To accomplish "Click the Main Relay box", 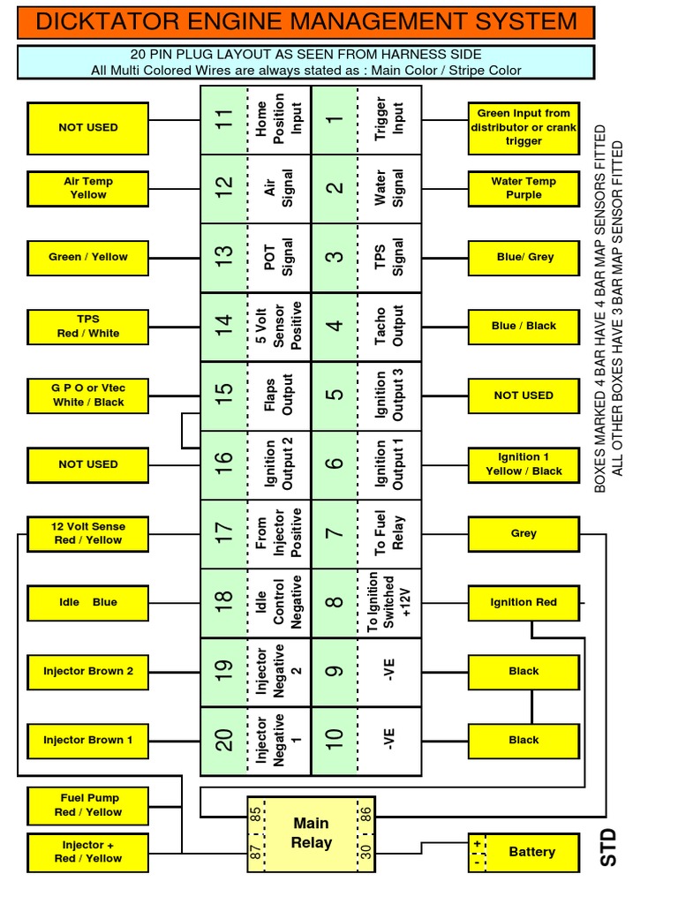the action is point(311,832).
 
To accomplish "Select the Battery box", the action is point(524,852).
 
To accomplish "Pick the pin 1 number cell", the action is point(335,119).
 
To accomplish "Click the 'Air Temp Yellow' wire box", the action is point(88,188).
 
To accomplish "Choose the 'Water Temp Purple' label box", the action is point(524,188).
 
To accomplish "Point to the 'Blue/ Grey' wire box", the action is point(524,257).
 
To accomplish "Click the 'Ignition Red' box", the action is point(524,602).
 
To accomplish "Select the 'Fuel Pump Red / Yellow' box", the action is point(88,805).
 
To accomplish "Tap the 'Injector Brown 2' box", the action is point(88,671).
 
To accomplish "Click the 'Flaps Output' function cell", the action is point(280,395).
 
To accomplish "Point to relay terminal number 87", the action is point(256,852).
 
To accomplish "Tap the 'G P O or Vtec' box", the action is point(88,395).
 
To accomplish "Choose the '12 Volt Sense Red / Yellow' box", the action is point(88,533).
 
